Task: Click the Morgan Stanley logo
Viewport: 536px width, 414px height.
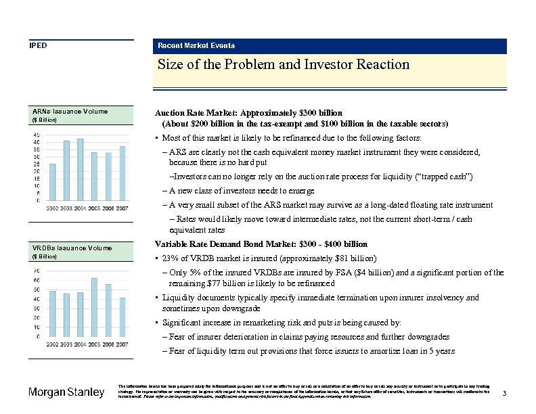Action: [66, 393]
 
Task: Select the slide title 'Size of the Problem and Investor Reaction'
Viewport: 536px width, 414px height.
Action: [284, 65]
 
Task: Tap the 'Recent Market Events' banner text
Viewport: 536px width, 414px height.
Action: [196, 45]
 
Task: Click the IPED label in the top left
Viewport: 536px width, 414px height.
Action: [37, 45]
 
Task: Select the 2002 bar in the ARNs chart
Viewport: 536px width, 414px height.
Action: [53, 182]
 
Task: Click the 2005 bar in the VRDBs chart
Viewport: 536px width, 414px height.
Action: [94, 307]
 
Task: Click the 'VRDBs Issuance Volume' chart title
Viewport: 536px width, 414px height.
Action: [72, 248]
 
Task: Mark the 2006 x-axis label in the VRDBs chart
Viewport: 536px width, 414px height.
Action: [108, 344]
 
